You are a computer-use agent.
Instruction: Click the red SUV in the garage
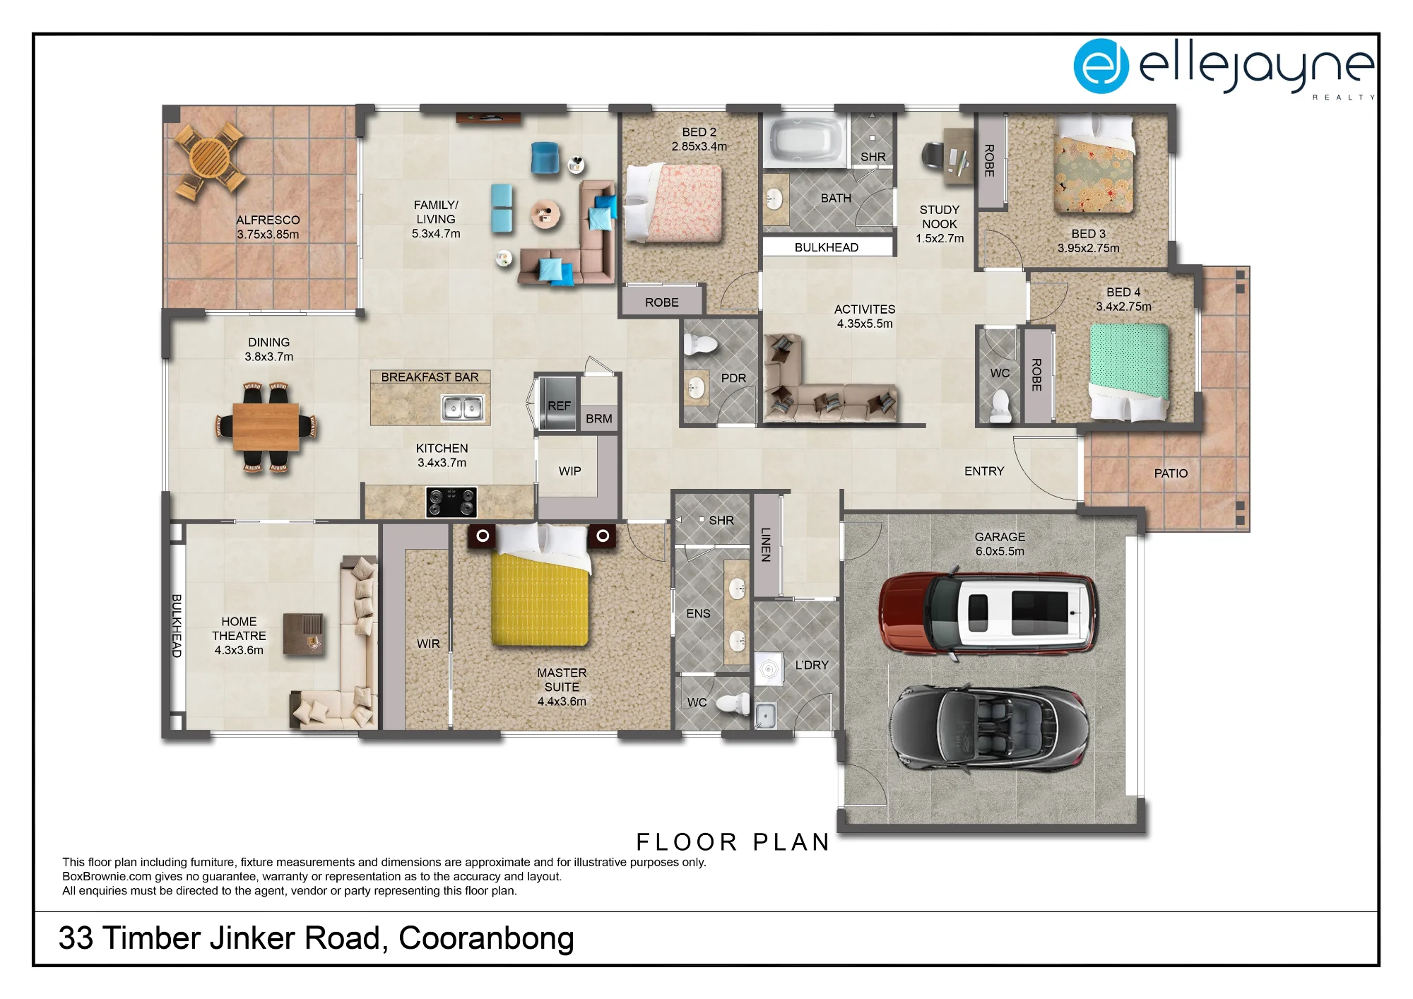[988, 613]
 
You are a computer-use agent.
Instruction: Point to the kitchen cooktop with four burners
[451, 502]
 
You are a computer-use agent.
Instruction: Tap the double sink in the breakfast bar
[463, 408]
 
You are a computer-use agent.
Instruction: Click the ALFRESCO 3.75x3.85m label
[268, 227]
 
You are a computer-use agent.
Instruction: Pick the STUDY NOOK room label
[940, 217]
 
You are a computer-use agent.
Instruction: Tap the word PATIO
[1171, 473]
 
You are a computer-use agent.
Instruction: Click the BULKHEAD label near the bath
[827, 247]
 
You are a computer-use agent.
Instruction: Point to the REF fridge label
[559, 406]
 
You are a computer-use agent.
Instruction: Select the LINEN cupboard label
[765, 545]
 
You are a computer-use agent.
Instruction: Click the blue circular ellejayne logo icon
[1101, 66]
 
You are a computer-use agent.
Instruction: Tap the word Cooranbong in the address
[486, 939]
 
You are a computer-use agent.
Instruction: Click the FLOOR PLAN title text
[733, 842]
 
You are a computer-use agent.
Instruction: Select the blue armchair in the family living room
[545, 158]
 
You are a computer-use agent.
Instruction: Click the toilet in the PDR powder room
[701, 344]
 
